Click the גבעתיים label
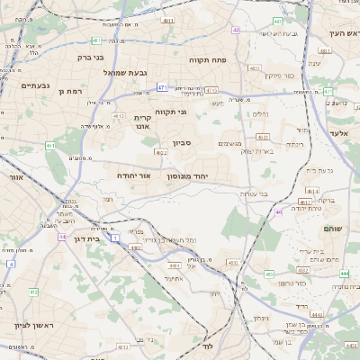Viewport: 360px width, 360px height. point(35,85)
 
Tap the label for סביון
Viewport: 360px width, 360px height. point(183,142)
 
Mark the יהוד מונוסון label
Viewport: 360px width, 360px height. point(187,176)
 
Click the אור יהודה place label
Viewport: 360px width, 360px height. point(134,175)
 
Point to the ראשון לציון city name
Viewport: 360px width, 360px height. point(33,324)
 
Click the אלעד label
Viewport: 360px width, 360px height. point(339,133)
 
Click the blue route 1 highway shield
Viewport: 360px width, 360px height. point(116,238)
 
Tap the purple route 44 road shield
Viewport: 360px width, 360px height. point(62,237)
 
